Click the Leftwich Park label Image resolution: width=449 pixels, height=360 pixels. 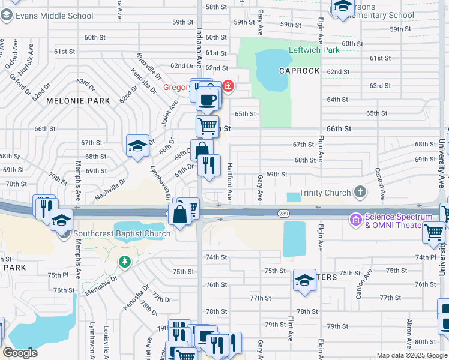tap(313, 50)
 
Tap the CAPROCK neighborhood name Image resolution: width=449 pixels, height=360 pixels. tap(298, 71)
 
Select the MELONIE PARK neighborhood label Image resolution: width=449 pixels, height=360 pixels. tap(79, 101)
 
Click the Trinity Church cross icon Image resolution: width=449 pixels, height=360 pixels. tap(360, 192)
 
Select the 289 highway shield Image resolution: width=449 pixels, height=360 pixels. tap(284, 213)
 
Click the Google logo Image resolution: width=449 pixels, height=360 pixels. tap(20, 353)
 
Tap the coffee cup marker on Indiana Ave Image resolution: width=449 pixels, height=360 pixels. tap(208, 100)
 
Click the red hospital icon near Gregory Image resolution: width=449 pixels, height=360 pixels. tap(228, 88)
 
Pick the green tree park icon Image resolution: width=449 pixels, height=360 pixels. tap(124, 262)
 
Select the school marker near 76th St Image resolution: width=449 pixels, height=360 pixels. tap(304, 280)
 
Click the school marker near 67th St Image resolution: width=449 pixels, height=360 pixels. tap(137, 146)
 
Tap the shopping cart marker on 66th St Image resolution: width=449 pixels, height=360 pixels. tap(207, 127)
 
